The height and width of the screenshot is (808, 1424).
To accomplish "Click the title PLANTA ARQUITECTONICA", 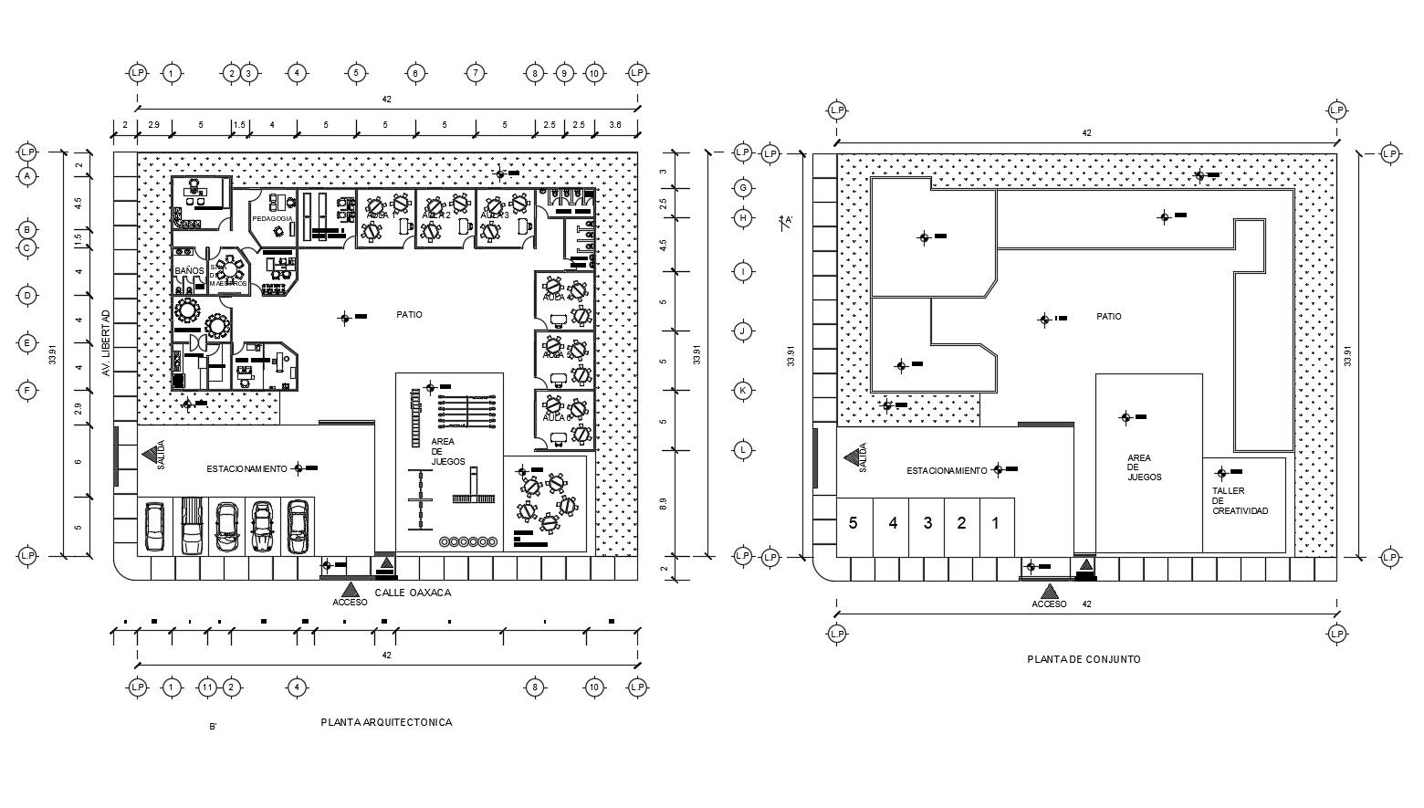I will point(386,722).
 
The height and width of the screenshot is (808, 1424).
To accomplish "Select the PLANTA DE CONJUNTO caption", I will point(1084,659).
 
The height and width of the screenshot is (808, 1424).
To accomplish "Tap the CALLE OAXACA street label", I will point(414,593).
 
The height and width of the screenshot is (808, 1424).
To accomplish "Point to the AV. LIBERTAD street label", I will point(106,342).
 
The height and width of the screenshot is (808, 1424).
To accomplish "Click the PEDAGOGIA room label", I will point(272,219).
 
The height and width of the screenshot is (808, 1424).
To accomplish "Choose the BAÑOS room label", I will point(188,271).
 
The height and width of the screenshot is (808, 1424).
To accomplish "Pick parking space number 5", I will point(853,523).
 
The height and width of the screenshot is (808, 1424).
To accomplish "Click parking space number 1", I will point(996,523).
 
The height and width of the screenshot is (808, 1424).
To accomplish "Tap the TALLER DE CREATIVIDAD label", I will point(1240,501).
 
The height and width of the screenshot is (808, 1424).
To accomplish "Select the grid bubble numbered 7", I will point(474,73).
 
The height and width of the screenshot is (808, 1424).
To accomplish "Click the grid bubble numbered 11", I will point(207,687).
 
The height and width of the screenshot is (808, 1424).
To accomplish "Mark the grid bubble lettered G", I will point(743,188).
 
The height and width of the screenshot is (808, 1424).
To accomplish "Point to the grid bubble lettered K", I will point(743,391).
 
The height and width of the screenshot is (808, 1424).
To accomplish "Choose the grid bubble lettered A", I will point(27,175).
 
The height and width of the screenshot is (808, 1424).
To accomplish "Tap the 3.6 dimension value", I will point(615,124).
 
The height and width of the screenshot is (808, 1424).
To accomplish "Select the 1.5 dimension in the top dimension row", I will point(238,124).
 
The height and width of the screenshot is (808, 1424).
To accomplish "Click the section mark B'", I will point(212,727).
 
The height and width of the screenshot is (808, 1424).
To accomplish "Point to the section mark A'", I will point(787,220).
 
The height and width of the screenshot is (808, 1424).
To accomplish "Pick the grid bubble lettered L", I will point(743,450).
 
